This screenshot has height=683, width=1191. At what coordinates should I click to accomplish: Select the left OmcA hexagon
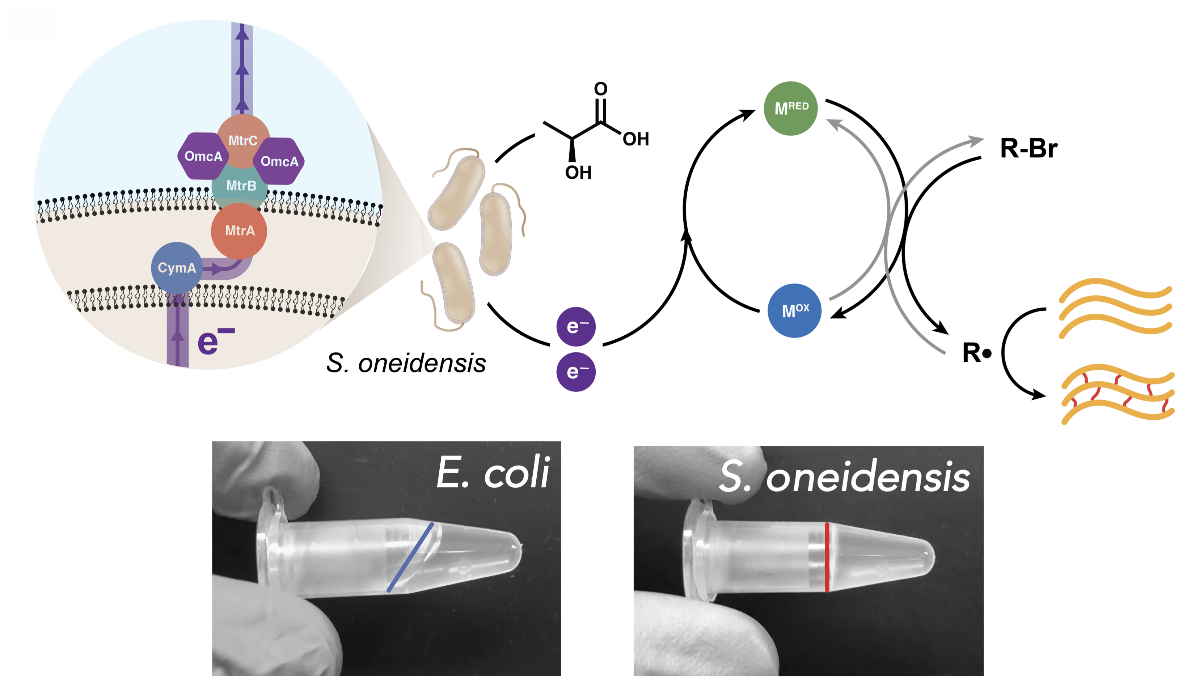(x=203, y=156)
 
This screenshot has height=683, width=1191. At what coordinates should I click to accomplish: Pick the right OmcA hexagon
(x=280, y=161)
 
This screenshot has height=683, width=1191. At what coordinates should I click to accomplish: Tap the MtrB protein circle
(x=241, y=186)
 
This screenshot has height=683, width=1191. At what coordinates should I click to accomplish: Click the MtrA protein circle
(x=239, y=230)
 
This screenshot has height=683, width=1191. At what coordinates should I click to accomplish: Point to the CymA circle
(x=177, y=268)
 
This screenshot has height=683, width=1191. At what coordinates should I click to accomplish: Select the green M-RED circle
(x=791, y=109)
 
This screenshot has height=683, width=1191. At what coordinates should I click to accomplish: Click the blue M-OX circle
(x=794, y=310)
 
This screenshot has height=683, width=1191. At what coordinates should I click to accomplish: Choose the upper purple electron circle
(x=576, y=327)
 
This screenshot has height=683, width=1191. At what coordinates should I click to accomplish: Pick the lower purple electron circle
(x=576, y=372)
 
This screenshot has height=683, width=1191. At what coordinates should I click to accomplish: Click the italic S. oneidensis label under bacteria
(x=406, y=364)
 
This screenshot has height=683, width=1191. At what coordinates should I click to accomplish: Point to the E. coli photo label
(x=493, y=472)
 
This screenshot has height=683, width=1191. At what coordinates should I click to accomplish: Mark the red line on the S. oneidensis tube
(x=827, y=557)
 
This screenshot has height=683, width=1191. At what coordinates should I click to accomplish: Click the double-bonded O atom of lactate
(x=601, y=89)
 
